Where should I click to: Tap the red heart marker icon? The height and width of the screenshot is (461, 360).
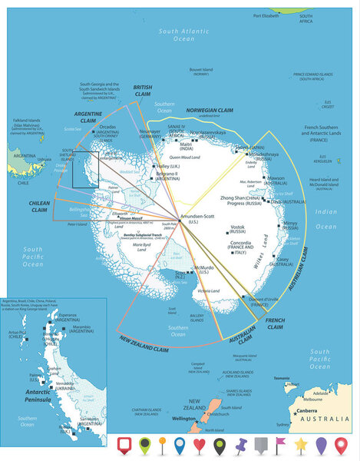point(200,443)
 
